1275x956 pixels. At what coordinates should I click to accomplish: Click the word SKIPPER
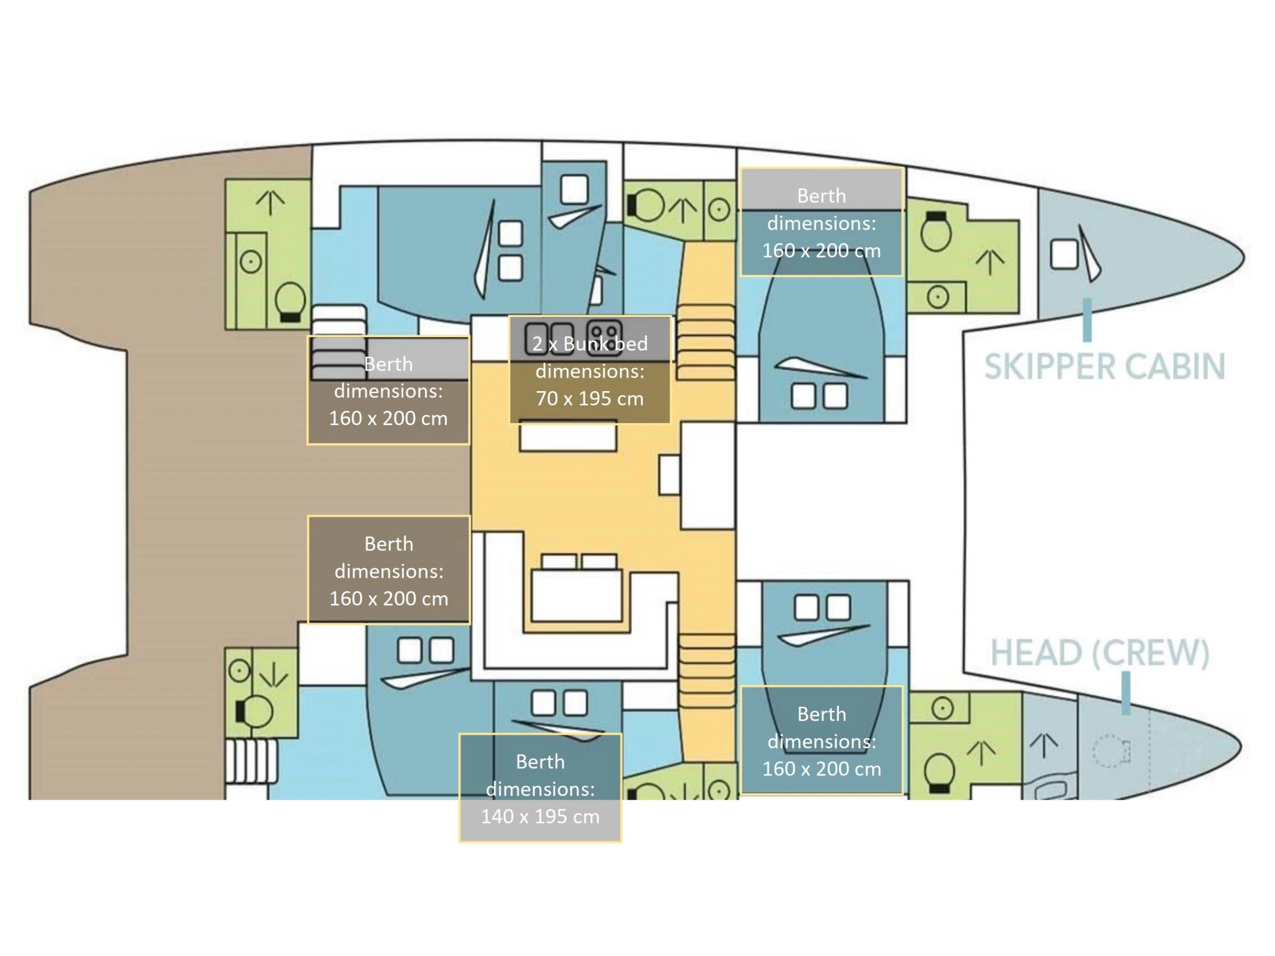[1049, 367]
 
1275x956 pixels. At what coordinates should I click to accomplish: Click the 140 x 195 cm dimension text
[540, 816]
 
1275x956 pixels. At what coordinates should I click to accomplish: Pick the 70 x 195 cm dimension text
[590, 399]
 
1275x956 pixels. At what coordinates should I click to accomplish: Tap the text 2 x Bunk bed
[590, 344]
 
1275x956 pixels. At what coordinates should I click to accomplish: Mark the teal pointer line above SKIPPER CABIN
[1087, 320]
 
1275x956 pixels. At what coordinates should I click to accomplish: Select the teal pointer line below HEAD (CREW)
[1126, 693]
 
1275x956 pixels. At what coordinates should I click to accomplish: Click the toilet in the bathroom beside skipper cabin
[936, 231]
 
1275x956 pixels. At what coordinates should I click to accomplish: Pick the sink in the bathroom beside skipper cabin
[938, 298]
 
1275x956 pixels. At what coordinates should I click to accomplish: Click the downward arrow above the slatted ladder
[273, 674]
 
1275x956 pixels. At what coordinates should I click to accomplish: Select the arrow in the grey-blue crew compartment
[1044, 745]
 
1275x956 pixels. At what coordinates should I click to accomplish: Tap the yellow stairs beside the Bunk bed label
[706, 341]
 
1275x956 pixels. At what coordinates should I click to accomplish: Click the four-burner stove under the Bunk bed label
[604, 337]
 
